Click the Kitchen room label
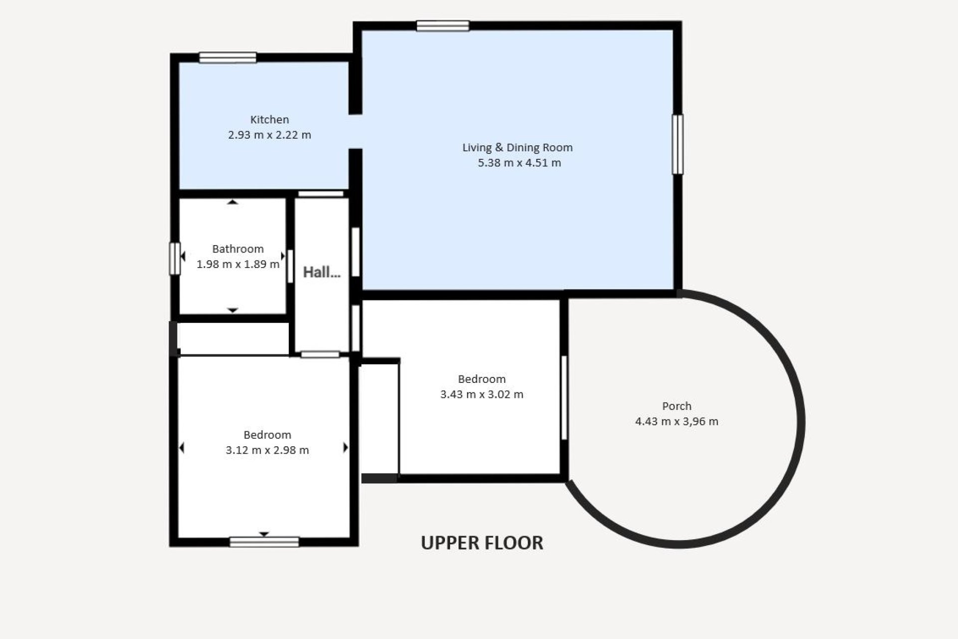269,120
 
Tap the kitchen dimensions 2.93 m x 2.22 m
269,135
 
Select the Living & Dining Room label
517,148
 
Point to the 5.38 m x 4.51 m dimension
519,163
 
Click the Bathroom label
238,249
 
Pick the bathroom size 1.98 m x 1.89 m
238,264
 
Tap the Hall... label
322,272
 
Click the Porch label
677,406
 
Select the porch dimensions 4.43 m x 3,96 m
677,421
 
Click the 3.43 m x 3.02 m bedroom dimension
481,394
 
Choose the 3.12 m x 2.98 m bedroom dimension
267,450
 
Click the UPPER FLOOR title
482,543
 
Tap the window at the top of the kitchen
228,57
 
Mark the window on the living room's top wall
443,25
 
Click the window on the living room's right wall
678,145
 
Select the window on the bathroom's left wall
175,259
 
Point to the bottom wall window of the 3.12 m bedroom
264,542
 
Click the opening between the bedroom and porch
564,398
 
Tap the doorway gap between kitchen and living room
355,132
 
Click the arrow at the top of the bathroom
233,202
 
